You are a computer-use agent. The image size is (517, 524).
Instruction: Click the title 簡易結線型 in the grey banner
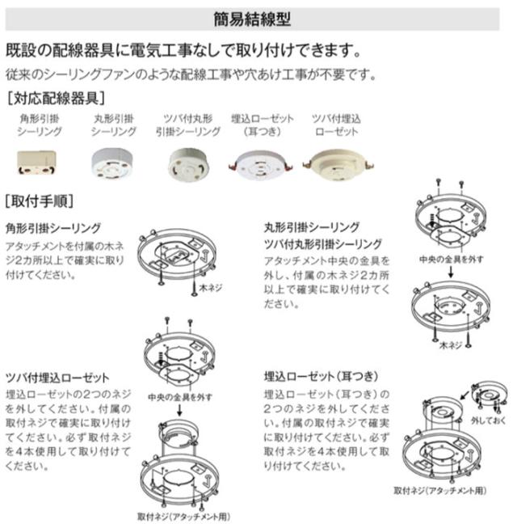pyautogui.click(x=252, y=19)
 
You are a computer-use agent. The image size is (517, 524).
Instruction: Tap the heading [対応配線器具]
pyautogui.click(x=56, y=99)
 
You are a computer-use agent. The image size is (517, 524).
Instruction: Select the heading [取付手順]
pyautogui.click(x=40, y=201)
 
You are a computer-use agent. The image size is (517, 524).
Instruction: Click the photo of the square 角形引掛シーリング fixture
pyautogui.click(x=36, y=163)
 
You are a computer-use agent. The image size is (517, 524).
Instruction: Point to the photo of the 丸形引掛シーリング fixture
pyautogui.click(x=111, y=163)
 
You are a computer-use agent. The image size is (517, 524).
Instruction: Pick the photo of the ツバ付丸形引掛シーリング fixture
pyautogui.click(x=187, y=165)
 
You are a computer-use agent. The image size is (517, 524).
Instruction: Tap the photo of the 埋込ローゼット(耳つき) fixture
pyautogui.click(x=262, y=165)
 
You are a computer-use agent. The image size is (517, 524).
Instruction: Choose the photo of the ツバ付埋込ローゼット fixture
pyautogui.click(x=338, y=163)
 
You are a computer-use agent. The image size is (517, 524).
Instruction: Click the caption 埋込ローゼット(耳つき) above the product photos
pyautogui.click(x=263, y=125)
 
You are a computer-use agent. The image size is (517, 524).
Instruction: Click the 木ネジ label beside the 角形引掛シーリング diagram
pyautogui.click(x=210, y=288)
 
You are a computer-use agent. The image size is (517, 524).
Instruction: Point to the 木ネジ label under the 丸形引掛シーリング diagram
pyautogui.click(x=451, y=345)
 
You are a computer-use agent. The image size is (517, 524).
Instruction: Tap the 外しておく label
pyautogui.click(x=488, y=420)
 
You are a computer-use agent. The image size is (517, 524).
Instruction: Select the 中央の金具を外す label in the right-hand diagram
pyautogui.click(x=452, y=260)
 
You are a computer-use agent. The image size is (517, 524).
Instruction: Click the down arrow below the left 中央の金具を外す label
pyautogui.click(x=179, y=410)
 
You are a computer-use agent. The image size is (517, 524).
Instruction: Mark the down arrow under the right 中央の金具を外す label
pyautogui.click(x=451, y=272)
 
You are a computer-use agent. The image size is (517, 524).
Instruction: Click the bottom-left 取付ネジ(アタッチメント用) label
pyautogui.click(x=184, y=517)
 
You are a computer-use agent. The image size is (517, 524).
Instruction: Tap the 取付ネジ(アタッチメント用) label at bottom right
pyautogui.click(x=440, y=491)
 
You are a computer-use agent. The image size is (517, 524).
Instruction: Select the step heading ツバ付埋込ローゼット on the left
pyautogui.click(x=57, y=378)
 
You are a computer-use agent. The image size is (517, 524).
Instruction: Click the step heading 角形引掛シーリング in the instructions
pyautogui.click(x=53, y=228)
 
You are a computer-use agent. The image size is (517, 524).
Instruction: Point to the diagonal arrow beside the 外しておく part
pyautogui.click(x=465, y=395)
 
